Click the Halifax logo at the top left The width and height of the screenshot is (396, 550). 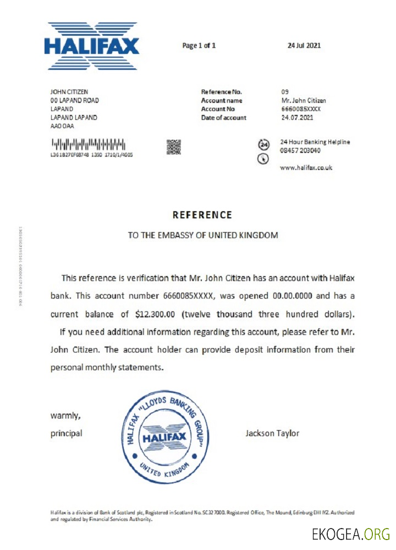(92, 46)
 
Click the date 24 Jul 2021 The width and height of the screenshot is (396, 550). (304, 46)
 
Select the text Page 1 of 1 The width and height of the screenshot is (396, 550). (199, 46)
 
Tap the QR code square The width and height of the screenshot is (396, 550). (174, 147)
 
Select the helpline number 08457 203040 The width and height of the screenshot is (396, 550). (301, 151)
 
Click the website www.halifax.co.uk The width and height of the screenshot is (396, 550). (306, 168)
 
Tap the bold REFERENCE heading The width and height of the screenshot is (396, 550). (202, 215)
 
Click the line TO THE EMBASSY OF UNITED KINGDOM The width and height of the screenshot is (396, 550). (203, 235)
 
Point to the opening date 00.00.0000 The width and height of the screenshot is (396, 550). (293, 296)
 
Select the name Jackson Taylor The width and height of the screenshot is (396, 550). (272, 433)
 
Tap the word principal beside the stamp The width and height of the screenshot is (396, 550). (67, 433)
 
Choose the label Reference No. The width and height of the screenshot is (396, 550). (222, 92)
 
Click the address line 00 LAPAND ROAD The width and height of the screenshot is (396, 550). (75, 101)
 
